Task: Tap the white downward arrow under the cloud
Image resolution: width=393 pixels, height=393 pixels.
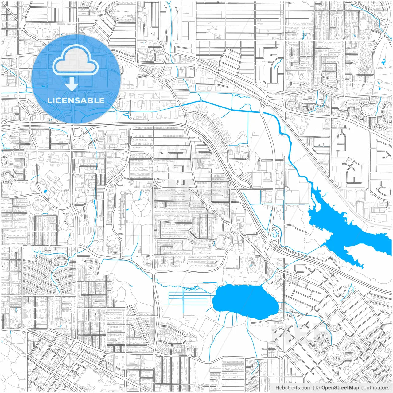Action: [72, 84]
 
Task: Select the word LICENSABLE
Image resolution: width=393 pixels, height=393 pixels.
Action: [76, 100]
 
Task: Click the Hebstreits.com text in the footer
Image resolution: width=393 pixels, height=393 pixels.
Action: [293, 388]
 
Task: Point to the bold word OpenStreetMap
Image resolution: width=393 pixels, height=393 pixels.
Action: [340, 388]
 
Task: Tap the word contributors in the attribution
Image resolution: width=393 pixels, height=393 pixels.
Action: [375, 388]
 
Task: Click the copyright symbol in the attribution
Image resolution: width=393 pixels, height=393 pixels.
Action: [318, 388]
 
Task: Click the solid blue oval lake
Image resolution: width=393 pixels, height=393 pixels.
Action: [245, 302]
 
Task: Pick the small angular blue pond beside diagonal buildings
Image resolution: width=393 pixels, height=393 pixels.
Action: [46, 192]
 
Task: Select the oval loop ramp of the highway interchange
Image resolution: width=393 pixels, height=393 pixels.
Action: [275, 234]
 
